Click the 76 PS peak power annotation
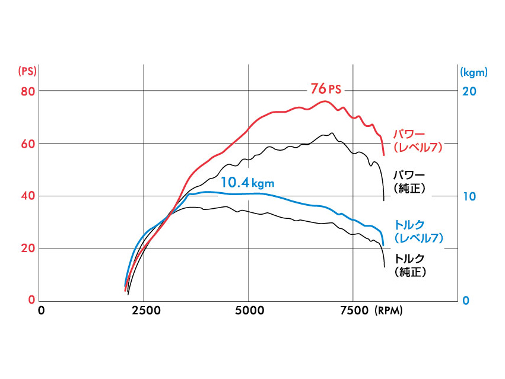click(x=326, y=89)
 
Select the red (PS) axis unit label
click(x=27, y=71)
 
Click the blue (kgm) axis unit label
click(x=474, y=72)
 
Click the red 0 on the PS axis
click(x=32, y=300)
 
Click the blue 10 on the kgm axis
click(x=469, y=196)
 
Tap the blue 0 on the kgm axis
click(x=466, y=300)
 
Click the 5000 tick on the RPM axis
click(x=249, y=310)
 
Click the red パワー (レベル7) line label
click(x=417, y=140)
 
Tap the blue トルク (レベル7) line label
click(x=417, y=231)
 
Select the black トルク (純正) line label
click(x=410, y=265)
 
